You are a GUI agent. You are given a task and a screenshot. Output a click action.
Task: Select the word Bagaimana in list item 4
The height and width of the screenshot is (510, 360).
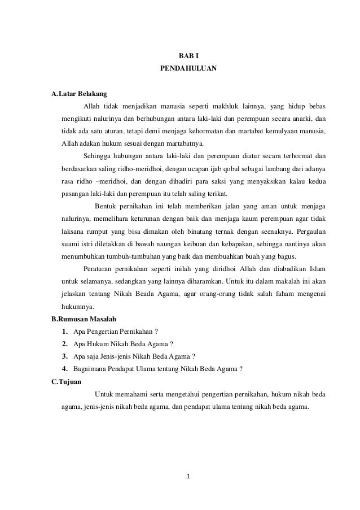[90, 369]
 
